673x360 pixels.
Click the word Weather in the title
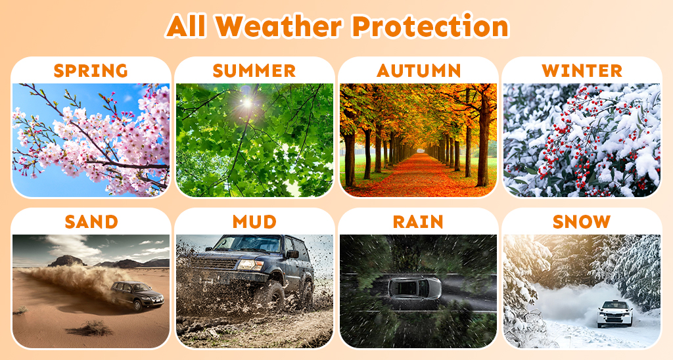(279, 26)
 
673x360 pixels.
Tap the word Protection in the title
(430, 26)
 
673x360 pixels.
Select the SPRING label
(91, 70)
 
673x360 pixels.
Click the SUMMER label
(254, 70)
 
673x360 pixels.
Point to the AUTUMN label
(419, 70)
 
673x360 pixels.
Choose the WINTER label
(582, 70)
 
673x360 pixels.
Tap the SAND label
(91, 222)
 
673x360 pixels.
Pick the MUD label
(254, 222)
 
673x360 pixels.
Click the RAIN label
(418, 222)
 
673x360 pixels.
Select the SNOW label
(582, 222)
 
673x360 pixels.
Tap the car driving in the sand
(137, 295)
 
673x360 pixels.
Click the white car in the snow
(615, 313)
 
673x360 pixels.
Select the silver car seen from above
(415, 288)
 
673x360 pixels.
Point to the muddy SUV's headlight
(250, 265)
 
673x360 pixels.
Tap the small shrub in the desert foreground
(91, 328)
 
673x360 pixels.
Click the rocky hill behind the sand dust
(66, 261)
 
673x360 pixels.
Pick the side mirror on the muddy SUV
(292, 254)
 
